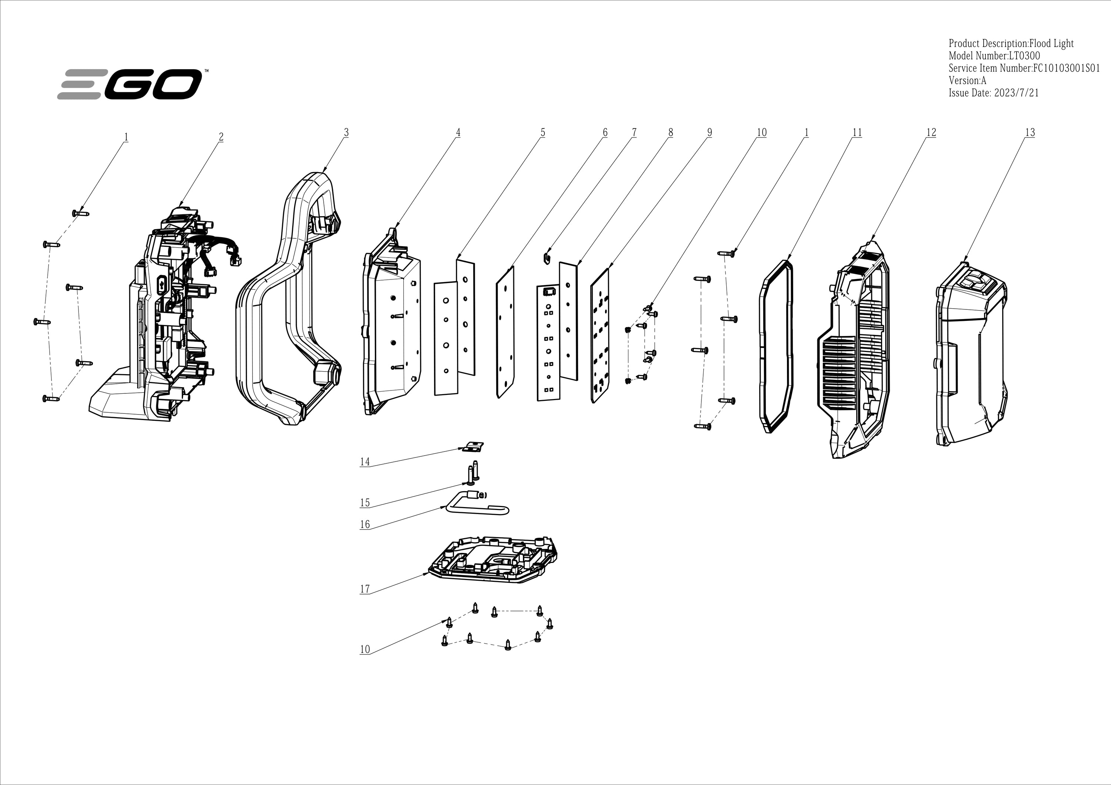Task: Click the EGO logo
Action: pyautogui.click(x=130, y=84)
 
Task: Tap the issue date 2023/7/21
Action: pyautogui.click(x=1016, y=93)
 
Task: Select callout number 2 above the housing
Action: pyautogui.click(x=221, y=137)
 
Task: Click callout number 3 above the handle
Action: pyautogui.click(x=346, y=132)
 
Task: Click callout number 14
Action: pyautogui.click(x=365, y=462)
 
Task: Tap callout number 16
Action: pyautogui.click(x=365, y=524)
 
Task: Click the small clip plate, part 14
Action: pyautogui.click(x=473, y=446)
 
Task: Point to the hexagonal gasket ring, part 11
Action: pyautogui.click(x=776, y=346)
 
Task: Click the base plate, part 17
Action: pyautogui.click(x=494, y=560)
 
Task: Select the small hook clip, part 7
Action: pyautogui.click(x=548, y=257)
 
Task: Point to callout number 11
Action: pyautogui.click(x=857, y=132)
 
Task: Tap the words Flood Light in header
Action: pyautogui.click(x=1051, y=44)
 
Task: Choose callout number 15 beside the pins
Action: pyautogui.click(x=365, y=503)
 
